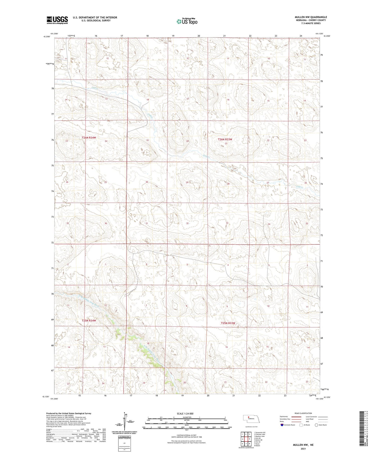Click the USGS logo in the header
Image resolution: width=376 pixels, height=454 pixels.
click(57, 20)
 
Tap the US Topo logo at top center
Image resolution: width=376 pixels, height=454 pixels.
click(187, 22)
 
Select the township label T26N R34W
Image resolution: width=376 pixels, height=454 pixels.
click(89, 138)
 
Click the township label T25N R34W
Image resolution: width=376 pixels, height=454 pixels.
click(89, 321)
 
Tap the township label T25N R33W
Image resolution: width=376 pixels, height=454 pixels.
click(228, 323)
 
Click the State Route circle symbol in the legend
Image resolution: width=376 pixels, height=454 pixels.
click(316, 425)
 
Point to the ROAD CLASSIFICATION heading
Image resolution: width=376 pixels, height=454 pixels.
click(303, 413)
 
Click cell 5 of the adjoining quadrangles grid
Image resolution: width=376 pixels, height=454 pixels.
click(249, 439)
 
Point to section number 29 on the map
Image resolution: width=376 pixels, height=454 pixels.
click(187, 183)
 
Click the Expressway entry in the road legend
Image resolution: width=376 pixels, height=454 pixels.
click(284, 417)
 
